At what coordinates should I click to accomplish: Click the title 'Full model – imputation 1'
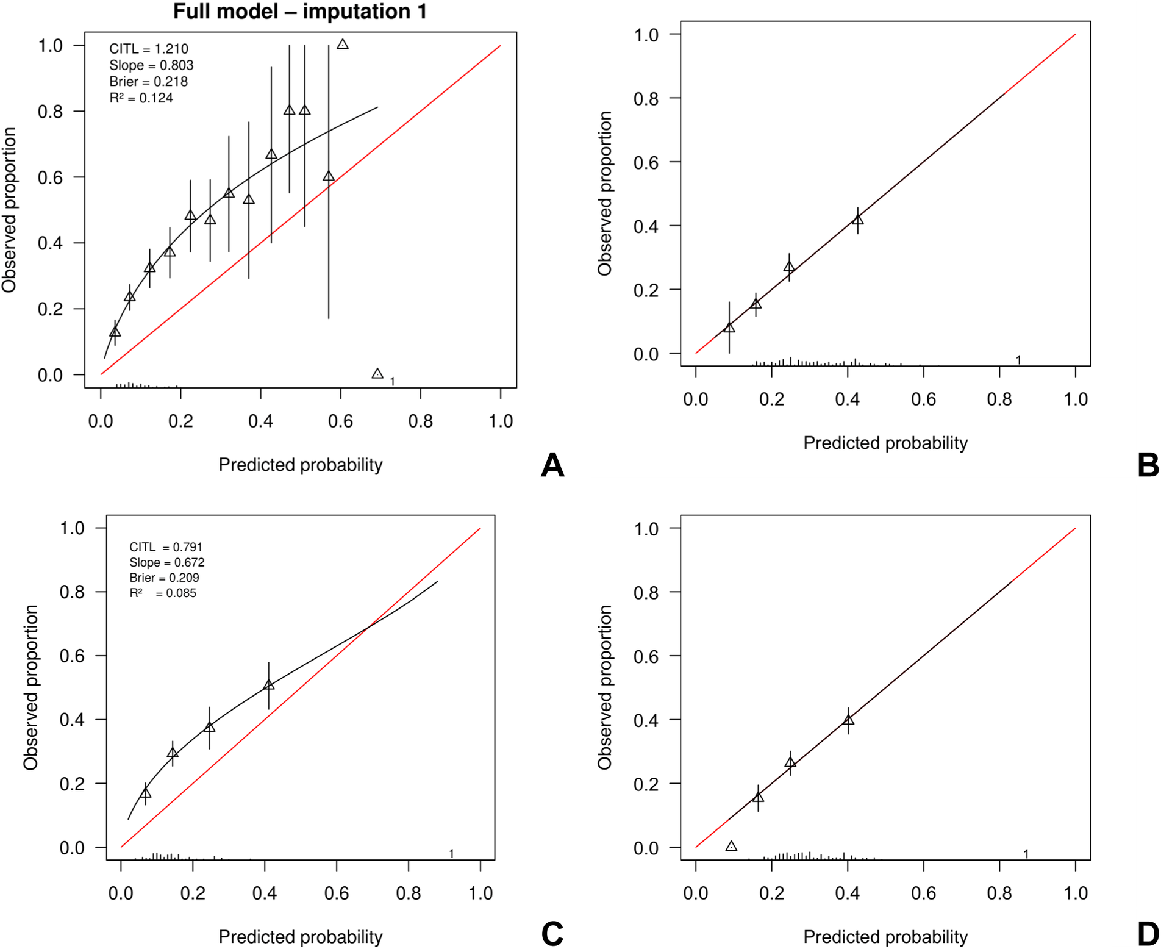pos(299,11)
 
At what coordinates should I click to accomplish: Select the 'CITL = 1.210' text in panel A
pos(148,49)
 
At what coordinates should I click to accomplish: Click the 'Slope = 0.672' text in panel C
pos(166,562)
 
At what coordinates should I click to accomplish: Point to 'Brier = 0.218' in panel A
pos(148,82)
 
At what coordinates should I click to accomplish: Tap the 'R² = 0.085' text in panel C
pos(162,593)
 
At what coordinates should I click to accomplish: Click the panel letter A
pos(552,465)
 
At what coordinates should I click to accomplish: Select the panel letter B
pos(1148,465)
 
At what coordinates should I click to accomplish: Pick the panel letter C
pos(552,934)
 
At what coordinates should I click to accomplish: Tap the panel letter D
pos(1148,934)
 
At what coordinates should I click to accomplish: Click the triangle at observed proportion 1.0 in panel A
pos(343,45)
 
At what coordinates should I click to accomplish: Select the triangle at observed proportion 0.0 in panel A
pos(377,373)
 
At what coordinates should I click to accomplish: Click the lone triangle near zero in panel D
pos(731,846)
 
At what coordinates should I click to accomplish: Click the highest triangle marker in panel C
pos(268,685)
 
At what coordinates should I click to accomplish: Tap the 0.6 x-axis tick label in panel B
pos(923,399)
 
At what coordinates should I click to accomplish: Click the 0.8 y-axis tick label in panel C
pos(72,592)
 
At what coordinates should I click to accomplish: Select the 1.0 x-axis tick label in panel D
pos(1075,893)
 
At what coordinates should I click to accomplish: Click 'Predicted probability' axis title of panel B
pos(885,443)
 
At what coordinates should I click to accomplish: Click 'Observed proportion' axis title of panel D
pos(604,687)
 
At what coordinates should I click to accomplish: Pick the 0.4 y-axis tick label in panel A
pos(50,243)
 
